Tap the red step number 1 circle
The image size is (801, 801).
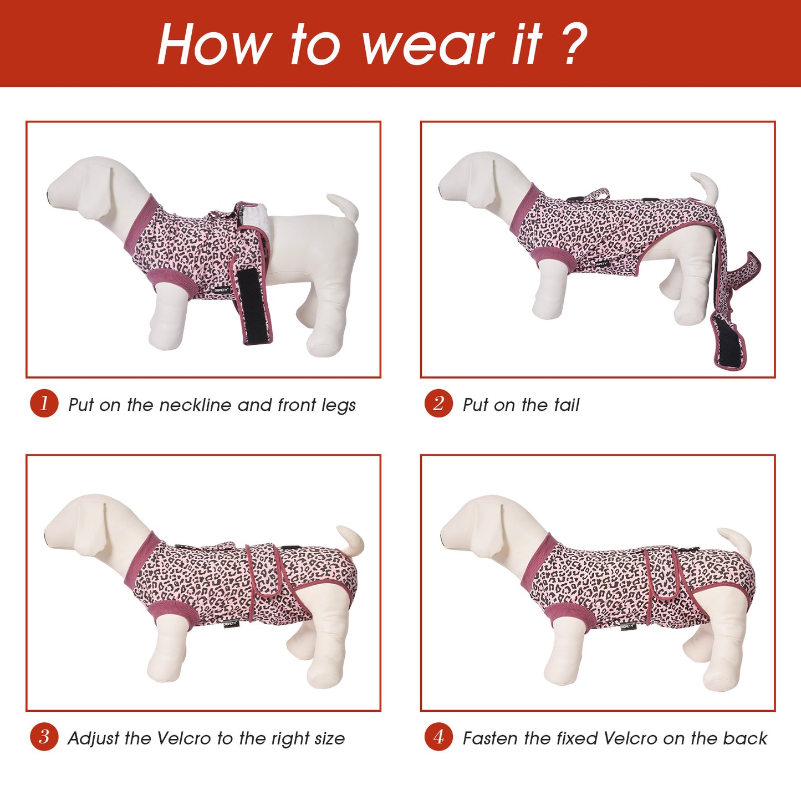44,404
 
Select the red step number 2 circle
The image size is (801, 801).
438,404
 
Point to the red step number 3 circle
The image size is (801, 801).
44,737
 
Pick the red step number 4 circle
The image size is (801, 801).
438,737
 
